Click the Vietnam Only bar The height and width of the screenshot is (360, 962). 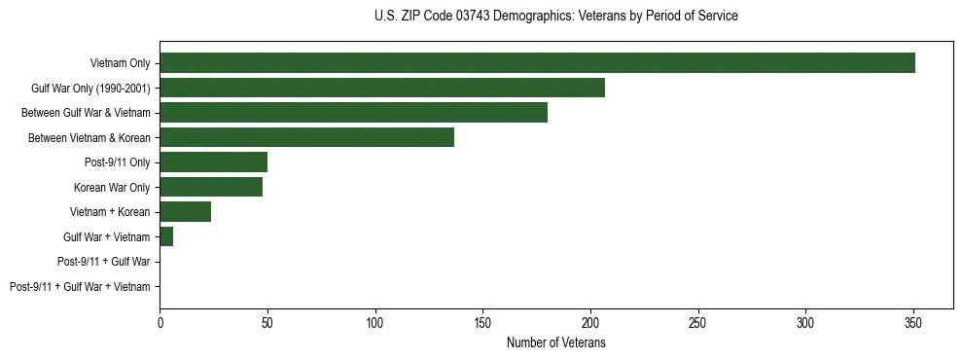[x=537, y=63]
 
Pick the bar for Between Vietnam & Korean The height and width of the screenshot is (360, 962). [x=306, y=137]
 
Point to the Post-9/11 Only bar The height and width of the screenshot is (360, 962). [x=213, y=162]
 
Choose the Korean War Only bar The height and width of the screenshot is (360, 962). [x=211, y=187]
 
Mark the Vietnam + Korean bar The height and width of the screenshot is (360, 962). [x=185, y=212]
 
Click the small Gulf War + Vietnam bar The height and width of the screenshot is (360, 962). [x=166, y=236]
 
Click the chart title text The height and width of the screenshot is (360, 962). [x=555, y=17]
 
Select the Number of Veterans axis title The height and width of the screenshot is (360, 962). [x=556, y=342]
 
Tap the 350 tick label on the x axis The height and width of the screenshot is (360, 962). [x=913, y=322]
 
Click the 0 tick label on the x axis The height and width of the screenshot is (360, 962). [x=160, y=322]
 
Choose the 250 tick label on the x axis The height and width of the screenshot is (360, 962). [x=698, y=322]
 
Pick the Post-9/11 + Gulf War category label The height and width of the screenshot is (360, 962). [x=104, y=262]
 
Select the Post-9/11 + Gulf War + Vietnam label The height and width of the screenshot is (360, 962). [x=80, y=286]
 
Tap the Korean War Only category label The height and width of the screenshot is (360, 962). [x=112, y=187]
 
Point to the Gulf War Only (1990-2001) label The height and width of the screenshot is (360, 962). [x=90, y=89]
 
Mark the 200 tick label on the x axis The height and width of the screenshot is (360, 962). [x=590, y=322]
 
